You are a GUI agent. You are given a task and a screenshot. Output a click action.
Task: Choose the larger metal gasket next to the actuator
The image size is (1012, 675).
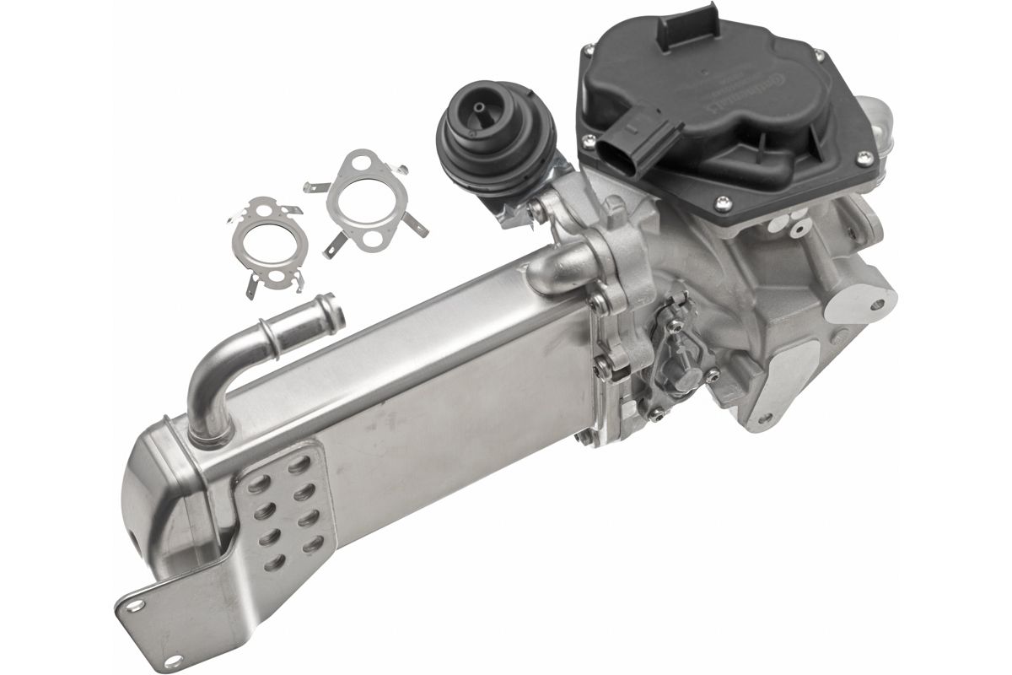pyautogui.click(x=368, y=202)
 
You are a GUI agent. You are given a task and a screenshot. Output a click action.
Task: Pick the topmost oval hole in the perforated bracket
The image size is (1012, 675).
pyautogui.click(x=300, y=463)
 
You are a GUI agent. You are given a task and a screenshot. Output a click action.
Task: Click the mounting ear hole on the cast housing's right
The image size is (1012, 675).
pyautogui.click(x=876, y=297)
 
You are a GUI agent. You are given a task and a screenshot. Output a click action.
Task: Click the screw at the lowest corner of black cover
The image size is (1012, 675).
pyautogui.click(x=723, y=201)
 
